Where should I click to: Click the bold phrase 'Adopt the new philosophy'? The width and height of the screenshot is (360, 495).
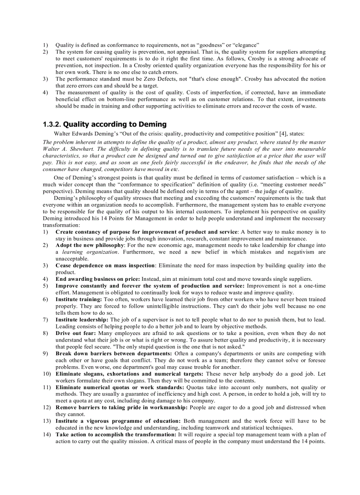[90, 245]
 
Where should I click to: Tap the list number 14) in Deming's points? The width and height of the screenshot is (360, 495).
[47, 435]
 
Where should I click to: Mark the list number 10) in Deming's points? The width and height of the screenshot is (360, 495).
[47, 374]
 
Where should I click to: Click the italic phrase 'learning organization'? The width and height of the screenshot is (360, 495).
[90, 252]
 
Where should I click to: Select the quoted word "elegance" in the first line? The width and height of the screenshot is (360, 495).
[245, 45]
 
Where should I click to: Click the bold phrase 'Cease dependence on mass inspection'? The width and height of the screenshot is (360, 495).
[105, 265]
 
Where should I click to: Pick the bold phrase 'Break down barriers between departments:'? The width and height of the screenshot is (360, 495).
[114, 354]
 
